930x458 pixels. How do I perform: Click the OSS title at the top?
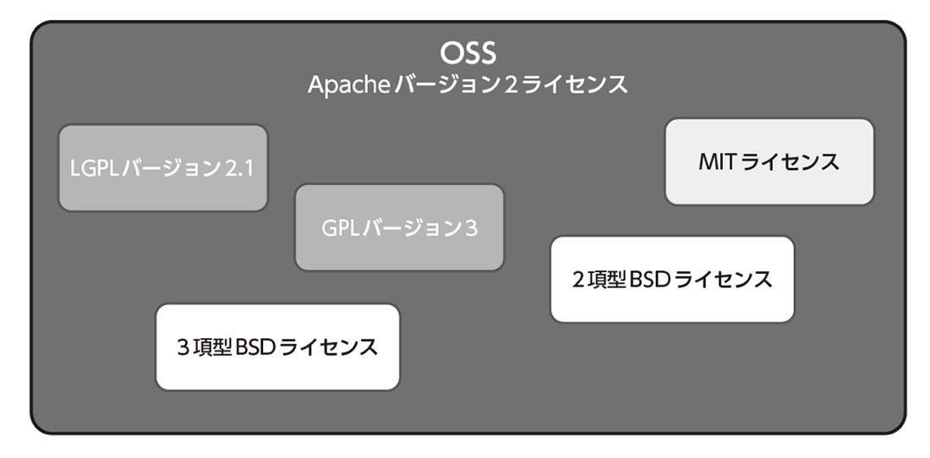tap(468, 53)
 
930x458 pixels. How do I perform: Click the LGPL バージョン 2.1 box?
tap(163, 167)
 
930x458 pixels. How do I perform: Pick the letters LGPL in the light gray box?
tap(95, 169)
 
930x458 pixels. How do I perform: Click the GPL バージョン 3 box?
tap(399, 227)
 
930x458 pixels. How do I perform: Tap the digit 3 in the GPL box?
tap(471, 229)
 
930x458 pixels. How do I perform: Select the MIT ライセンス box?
tap(769, 161)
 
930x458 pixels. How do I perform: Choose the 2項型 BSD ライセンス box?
tap(672, 279)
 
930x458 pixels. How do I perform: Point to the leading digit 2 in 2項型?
tap(579, 279)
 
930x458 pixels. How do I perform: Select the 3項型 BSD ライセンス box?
tap(277, 346)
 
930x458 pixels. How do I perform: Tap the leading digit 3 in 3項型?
tap(183, 346)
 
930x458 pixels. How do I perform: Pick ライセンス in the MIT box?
tap(790, 161)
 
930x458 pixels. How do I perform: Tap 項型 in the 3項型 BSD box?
tap(211, 346)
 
